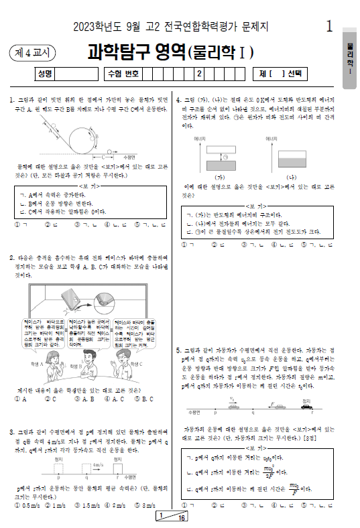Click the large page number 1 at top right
(x=328, y=26)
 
